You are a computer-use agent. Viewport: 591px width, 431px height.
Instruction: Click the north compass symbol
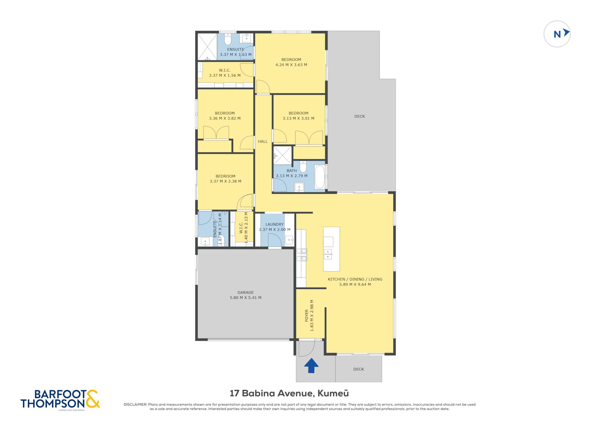point(557,34)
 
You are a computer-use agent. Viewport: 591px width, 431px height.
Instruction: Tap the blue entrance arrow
point(311,365)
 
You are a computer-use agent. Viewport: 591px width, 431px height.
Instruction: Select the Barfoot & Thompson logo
point(60,399)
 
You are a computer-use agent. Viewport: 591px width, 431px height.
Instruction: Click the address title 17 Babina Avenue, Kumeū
point(289,393)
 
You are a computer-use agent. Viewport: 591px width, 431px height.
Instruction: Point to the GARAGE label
point(246,292)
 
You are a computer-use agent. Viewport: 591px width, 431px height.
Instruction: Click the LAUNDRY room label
point(274,224)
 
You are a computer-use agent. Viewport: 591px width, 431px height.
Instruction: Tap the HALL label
point(263,141)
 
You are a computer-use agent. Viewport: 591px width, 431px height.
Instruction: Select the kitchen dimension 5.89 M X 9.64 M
point(355,284)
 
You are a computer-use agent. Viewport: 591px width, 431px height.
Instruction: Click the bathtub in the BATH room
point(319,177)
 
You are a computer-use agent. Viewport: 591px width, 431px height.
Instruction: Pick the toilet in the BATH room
point(303,166)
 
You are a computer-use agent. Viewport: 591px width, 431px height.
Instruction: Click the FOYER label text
point(306,316)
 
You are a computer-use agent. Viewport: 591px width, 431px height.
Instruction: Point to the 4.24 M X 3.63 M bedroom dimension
point(291,65)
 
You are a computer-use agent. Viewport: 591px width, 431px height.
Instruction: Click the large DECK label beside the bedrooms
point(360,116)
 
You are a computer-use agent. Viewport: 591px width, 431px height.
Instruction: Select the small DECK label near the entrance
point(359,369)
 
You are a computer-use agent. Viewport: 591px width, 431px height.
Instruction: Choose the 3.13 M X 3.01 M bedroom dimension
point(298,118)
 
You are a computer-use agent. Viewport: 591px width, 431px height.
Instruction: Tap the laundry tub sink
point(289,240)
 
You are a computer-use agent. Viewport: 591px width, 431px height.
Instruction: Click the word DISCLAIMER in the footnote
point(135,404)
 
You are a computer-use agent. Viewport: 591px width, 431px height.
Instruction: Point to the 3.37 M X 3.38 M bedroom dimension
point(225,181)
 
